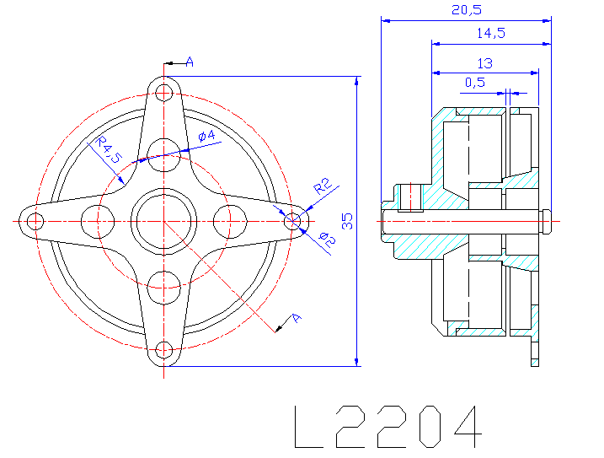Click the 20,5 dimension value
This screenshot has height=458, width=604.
tap(467, 9)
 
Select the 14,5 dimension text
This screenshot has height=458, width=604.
tap(491, 33)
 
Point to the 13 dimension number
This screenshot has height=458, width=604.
tap(484, 63)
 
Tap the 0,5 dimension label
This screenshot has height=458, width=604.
tap(474, 82)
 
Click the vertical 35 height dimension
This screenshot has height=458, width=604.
tap(347, 221)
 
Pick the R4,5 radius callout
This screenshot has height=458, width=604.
tap(109, 149)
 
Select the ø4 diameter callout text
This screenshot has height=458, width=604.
tap(206, 136)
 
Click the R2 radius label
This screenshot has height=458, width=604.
tap(322, 186)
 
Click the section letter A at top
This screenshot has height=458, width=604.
tap(190, 62)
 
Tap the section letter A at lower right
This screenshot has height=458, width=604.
tap(296, 318)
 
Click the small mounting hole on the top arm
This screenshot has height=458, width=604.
tap(164, 93)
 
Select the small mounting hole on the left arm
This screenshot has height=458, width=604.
tap(35, 222)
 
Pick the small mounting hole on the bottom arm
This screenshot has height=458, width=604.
tap(164, 350)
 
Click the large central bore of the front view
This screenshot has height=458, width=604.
tap(164, 222)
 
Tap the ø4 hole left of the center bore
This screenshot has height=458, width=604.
tap(98, 222)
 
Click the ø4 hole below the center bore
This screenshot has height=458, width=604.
tap(164, 288)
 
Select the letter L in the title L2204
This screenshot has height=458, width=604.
tap(308, 427)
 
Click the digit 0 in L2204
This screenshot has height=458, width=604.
tap(430, 427)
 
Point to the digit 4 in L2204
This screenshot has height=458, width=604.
tap(468, 427)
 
